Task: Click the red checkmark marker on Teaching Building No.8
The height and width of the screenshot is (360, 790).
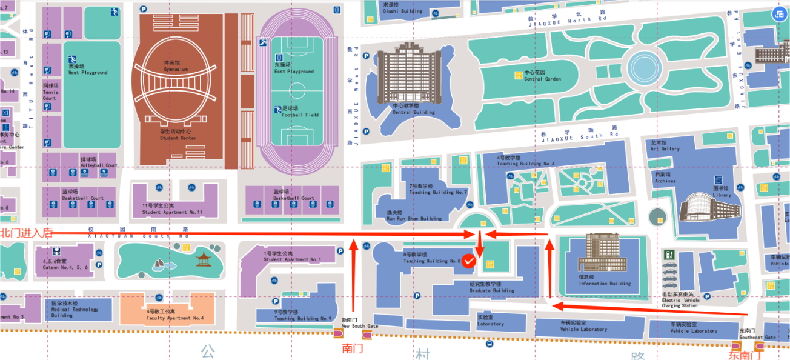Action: click(x=469, y=261)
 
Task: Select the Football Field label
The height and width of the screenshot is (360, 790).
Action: click(x=300, y=112)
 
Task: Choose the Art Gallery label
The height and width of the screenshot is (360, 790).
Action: click(x=665, y=146)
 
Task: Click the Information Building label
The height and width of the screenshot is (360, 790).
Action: click(x=604, y=281)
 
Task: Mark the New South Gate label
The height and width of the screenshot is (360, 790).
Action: click(x=359, y=324)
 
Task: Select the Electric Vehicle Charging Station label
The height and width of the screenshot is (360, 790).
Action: click(x=680, y=300)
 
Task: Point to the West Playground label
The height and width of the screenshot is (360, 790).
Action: click(x=87, y=70)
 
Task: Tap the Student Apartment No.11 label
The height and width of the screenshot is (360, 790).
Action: click(x=172, y=210)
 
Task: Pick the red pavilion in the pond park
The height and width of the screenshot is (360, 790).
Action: click(x=204, y=259)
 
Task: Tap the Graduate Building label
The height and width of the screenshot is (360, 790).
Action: click(x=491, y=287)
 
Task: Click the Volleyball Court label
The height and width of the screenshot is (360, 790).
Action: click(x=99, y=162)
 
